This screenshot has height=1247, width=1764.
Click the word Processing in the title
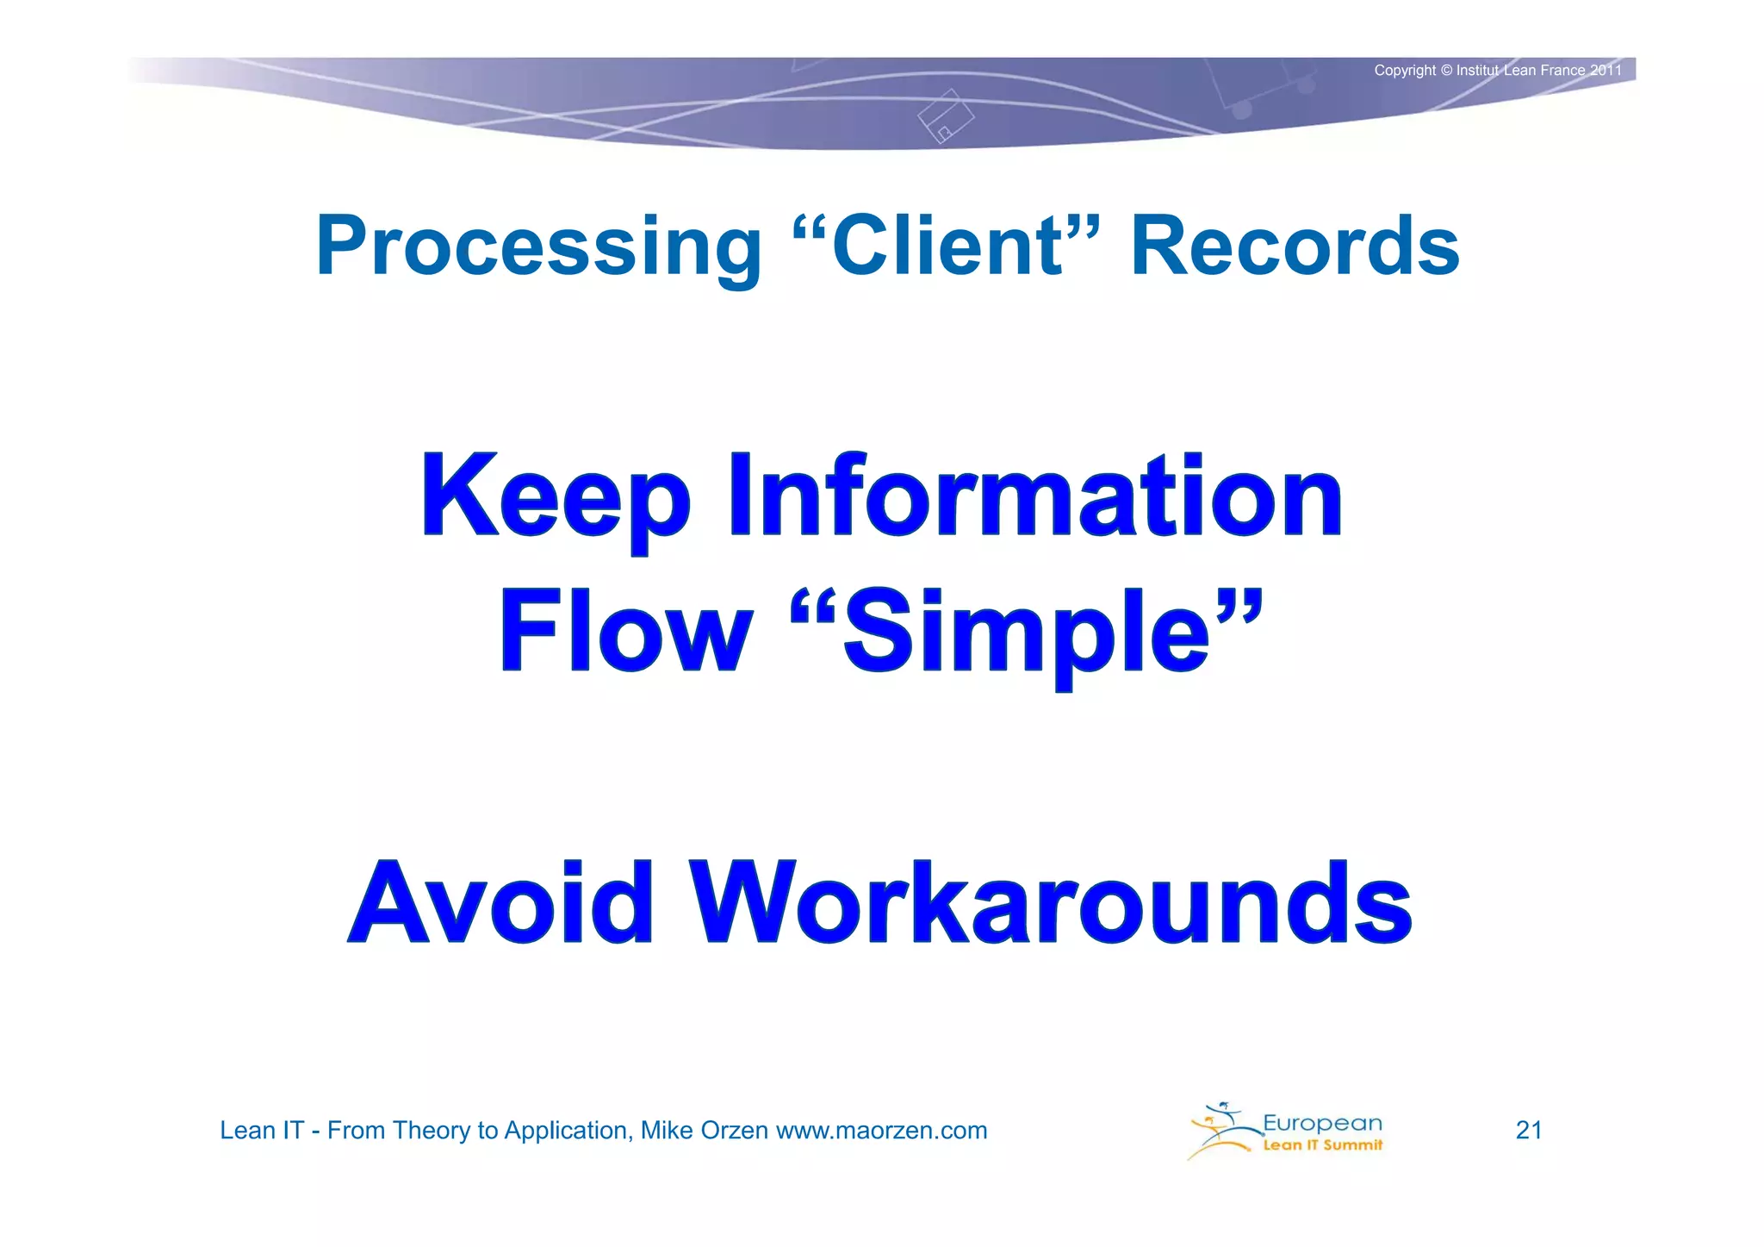point(538,247)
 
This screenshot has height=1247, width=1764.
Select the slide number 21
point(1529,1130)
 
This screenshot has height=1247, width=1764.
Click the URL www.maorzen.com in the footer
point(881,1131)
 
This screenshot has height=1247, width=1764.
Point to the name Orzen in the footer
point(735,1131)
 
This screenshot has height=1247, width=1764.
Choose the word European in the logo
point(1322,1123)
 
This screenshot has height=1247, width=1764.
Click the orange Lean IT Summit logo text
point(1322,1145)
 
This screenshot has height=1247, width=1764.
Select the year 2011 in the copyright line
point(1606,71)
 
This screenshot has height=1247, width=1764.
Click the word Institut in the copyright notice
point(1478,71)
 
